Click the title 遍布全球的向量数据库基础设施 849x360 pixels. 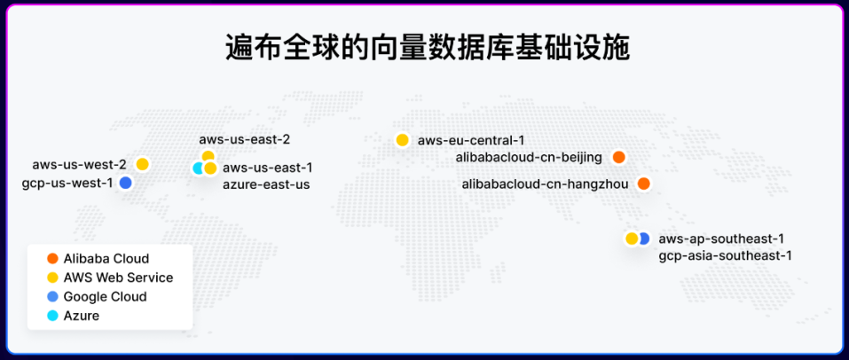click(428, 49)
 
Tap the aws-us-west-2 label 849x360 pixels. click(79, 164)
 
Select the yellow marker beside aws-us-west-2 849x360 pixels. click(143, 164)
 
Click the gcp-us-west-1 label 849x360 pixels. click(67, 183)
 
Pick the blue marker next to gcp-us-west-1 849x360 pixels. click(126, 183)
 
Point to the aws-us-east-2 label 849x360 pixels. click(245, 140)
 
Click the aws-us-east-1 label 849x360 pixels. click(268, 168)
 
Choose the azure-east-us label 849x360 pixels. click(266, 184)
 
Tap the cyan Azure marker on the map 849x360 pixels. click(198, 168)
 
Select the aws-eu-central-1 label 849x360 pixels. click(471, 141)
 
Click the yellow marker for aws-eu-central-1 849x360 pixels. click(402, 140)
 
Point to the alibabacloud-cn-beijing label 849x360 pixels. click(529, 158)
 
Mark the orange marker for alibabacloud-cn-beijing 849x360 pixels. click(619, 158)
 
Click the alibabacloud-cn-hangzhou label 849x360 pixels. click(546, 184)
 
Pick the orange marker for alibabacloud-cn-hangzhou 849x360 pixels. click(643, 184)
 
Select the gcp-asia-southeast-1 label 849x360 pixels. click(726, 255)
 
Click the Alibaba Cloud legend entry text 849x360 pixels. click(106, 259)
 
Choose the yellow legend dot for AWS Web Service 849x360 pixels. click(52, 278)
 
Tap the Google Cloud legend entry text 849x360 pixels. click(105, 297)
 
